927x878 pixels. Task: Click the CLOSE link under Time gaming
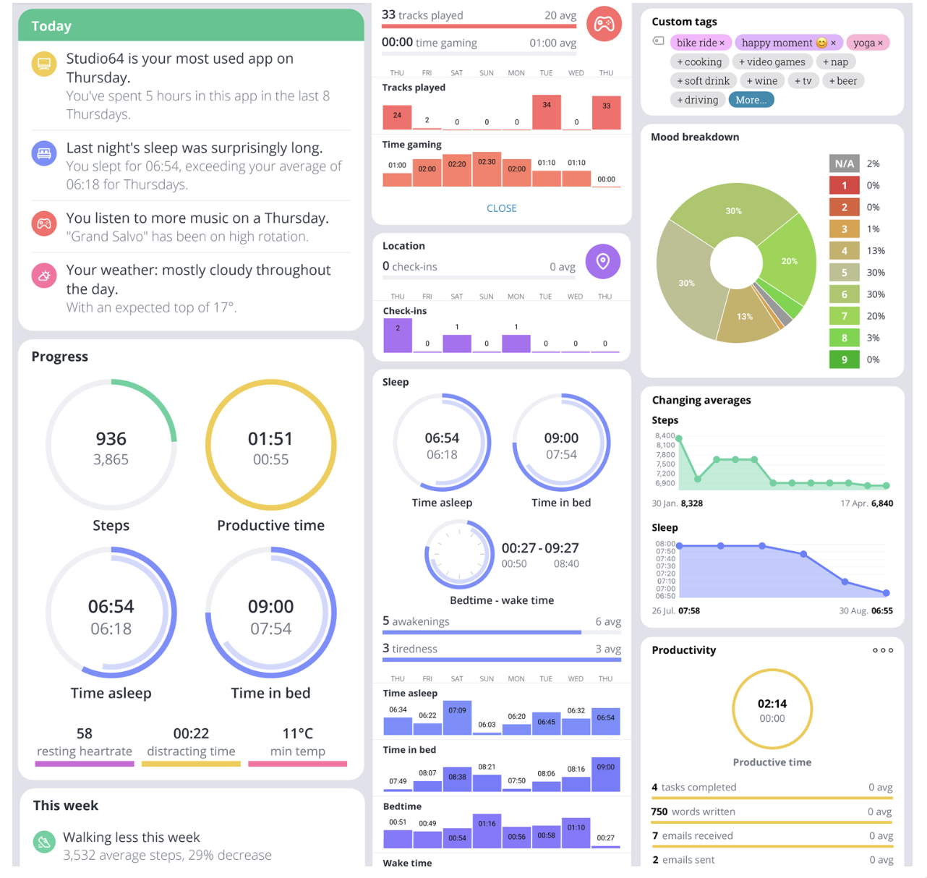501,208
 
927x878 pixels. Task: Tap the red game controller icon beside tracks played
604,25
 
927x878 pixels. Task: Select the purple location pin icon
602,261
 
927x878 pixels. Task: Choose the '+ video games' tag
772,62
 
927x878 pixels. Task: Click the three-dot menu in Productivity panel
882,650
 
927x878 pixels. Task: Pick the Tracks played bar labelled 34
546,112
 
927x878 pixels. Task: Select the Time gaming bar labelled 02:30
487,169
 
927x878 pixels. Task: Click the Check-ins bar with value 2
397,336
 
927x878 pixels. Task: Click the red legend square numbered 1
844,186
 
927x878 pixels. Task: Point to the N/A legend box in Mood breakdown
844,163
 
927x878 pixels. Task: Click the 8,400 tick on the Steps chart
665,435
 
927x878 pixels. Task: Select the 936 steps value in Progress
111,439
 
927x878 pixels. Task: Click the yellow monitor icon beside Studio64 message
44,64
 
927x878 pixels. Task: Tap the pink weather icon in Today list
44,276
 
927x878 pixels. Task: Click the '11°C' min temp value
297,733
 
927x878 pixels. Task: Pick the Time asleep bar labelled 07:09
457,717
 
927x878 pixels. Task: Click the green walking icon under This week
44,842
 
